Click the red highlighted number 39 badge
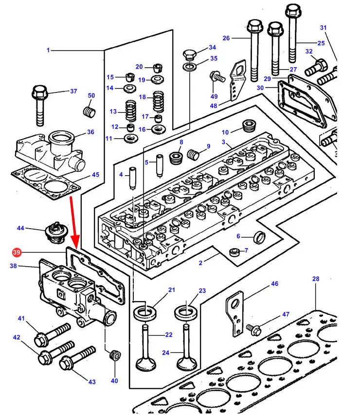[16, 253]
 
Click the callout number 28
[316, 279]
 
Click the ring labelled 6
[260, 238]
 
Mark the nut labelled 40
[115, 356]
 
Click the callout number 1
[48, 50]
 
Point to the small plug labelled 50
[89, 111]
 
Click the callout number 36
[90, 132]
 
